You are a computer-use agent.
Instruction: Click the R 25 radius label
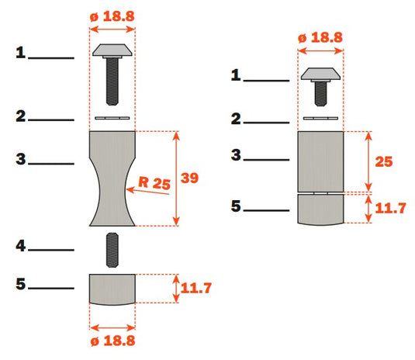(154, 183)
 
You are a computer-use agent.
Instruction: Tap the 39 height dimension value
(189, 178)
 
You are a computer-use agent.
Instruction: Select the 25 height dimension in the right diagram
(384, 161)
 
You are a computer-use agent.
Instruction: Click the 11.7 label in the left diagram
(195, 288)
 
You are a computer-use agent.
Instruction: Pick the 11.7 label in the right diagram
(390, 208)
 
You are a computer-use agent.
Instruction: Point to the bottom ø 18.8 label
(112, 341)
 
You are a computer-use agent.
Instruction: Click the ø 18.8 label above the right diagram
(320, 37)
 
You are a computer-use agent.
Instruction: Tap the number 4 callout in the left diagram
(21, 246)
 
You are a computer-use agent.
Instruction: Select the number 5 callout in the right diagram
(236, 206)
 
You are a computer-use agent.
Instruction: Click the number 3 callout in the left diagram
(21, 159)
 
